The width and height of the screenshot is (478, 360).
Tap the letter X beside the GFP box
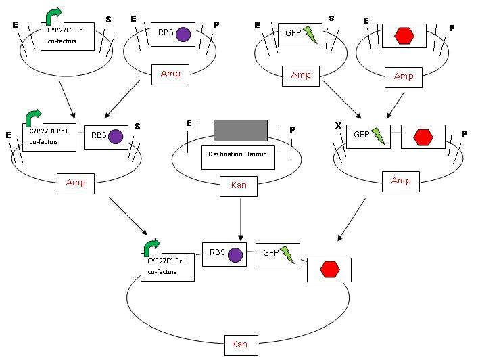pyautogui.click(x=338, y=127)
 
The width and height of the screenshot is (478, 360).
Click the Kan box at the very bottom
pyautogui.click(x=239, y=344)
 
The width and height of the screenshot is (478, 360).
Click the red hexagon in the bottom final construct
pyautogui.click(x=329, y=269)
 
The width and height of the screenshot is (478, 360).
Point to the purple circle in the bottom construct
pyautogui.click(x=235, y=255)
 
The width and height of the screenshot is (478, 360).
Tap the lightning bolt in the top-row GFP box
pyautogui.click(x=310, y=35)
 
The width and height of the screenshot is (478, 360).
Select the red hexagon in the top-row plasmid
pyautogui.click(x=405, y=35)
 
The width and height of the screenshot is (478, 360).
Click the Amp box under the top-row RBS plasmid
pyautogui.click(x=170, y=74)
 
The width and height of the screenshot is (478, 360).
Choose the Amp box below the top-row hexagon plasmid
pyautogui.click(x=403, y=76)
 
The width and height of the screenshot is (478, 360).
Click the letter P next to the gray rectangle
pyautogui.click(x=292, y=129)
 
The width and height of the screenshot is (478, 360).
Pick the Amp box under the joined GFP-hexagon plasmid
pyautogui.click(x=401, y=181)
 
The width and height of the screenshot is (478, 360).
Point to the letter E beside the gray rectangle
pyautogui.click(x=189, y=122)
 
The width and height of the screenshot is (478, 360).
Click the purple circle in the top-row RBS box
pyautogui.click(x=183, y=34)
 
